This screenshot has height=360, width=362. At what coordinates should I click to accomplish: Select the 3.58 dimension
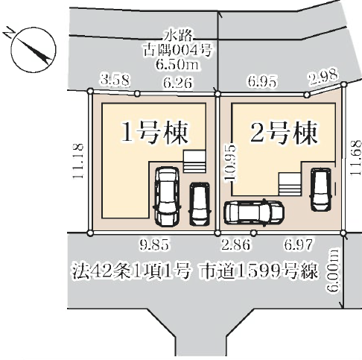(113, 79)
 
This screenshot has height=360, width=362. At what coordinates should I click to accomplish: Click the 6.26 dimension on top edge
(177, 85)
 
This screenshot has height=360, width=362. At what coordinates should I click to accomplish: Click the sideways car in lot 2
(254, 212)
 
